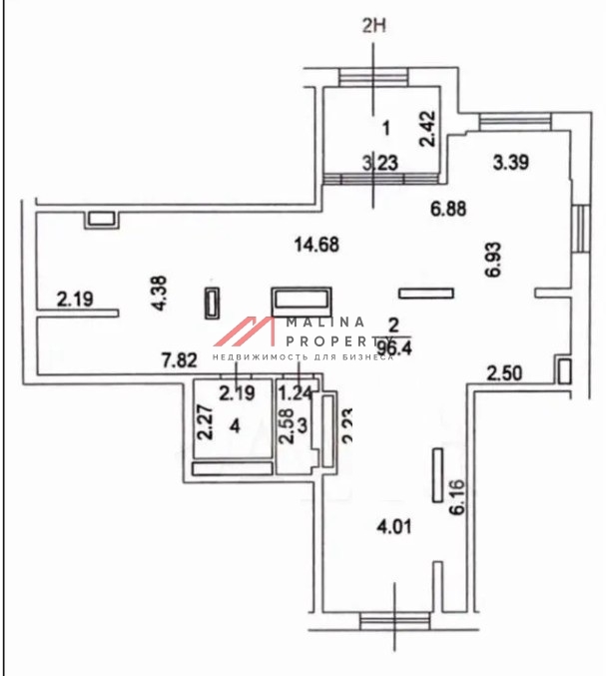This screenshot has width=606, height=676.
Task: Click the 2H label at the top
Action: pyautogui.click(x=373, y=26)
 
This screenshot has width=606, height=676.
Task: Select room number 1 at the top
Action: pyautogui.click(x=385, y=127)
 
